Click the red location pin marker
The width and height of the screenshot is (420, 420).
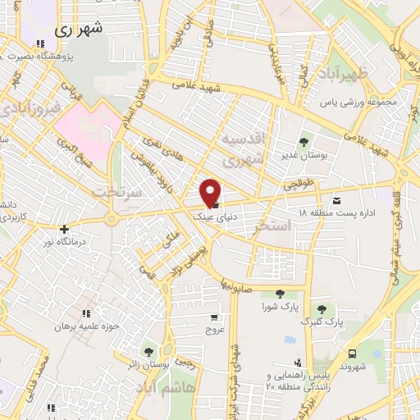click(211, 192)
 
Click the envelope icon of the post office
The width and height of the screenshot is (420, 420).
click(336, 200)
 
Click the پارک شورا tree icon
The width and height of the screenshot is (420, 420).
click(280, 294)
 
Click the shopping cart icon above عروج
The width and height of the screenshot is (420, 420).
click(215, 317)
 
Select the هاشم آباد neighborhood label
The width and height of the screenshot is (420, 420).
click(167, 386)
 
